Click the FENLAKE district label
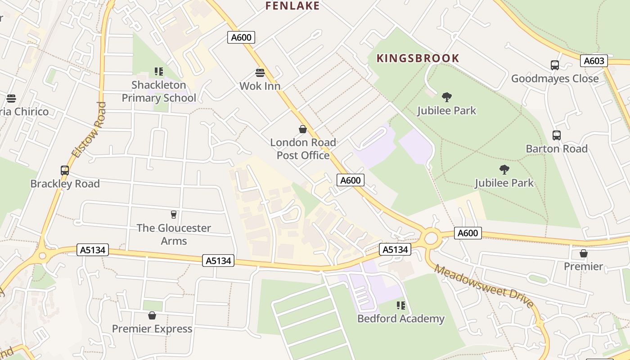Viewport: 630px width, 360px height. tap(292, 6)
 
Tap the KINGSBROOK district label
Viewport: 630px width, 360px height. tap(418, 58)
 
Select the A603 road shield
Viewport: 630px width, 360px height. tap(594, 61)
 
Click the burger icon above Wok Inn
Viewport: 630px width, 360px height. tap(260, 72)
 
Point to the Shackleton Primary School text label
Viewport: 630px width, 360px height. tap(159, 91)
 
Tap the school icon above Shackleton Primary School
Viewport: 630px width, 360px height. tap(158, 71)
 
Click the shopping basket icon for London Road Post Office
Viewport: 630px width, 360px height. tap(303, 129)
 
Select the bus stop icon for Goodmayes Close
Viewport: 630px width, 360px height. tap(554, 65)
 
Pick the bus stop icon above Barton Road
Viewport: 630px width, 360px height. tap(556, 135)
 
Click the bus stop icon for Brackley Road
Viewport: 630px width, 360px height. tap(65, 171)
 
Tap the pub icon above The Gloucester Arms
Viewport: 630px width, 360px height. tap(174, 214)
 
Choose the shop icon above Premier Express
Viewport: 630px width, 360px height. tap(152, 315)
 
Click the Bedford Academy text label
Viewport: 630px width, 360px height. tap(400, 319)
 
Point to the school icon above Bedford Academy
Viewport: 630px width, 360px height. tap(400, 306)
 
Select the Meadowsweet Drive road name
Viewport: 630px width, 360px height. tap(484, 286)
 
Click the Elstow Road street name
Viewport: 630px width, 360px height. tap(89, 130)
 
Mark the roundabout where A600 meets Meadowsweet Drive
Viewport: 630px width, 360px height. tap(431, 238)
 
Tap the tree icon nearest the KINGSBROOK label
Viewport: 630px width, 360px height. tap(446, 97)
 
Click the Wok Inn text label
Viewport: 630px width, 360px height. tap(260, 86)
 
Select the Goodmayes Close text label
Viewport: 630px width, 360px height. tap(554, 78)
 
